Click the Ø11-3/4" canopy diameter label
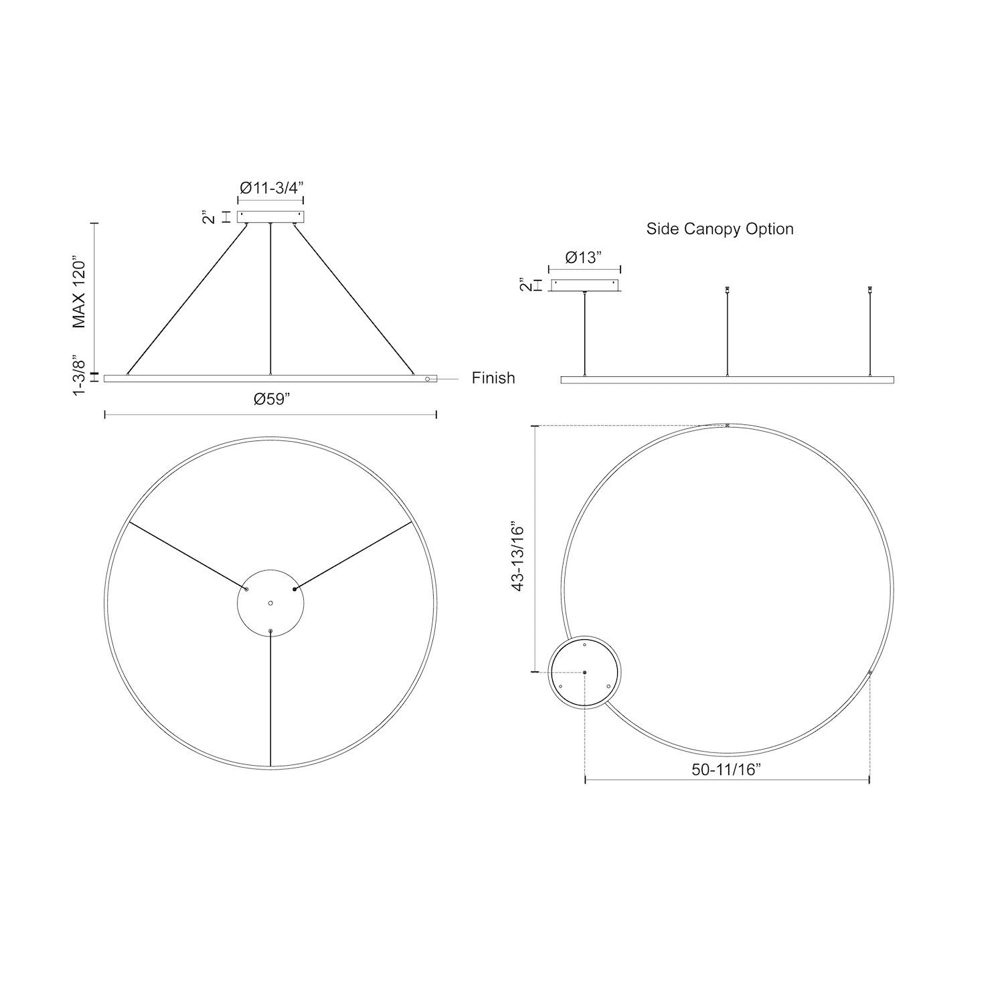pyautogui.click(x=271, y=188)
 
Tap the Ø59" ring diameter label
pyautogui.click(x=271, y=399)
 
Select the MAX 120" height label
pyautogui.click(x=80, y=291)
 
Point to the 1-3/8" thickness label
pyautogui.click(x=79, y=377)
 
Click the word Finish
pyautogui.click(x=493, y=378)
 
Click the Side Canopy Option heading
pyautogui.click(x=720, y=229)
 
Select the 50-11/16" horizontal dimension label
pyautogui.click(x=728, y=770)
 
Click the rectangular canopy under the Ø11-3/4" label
pyautogui.click(x=270, y=217)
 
